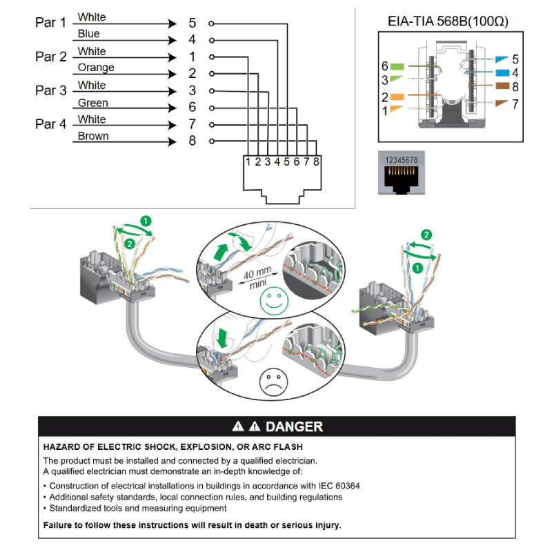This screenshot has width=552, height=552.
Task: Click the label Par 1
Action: coord(50,23)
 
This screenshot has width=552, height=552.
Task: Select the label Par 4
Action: coord(50,124)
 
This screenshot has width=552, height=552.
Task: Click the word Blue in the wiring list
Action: coord(88,34)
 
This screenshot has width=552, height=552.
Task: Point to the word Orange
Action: coord(96,68)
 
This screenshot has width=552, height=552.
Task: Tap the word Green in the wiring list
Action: coord(92,103)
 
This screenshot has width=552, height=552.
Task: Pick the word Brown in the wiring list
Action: coord(93,136)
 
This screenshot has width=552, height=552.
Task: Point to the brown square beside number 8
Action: coord(502,87)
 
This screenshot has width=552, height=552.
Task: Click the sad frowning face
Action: coord(273,381)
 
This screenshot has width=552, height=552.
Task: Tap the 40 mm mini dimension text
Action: coord(258,277)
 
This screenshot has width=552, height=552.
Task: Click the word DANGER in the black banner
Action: coord(294,426)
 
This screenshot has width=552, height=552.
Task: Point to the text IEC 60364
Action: coord(333,486)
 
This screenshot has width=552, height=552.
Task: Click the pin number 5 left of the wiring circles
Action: coord(193,23)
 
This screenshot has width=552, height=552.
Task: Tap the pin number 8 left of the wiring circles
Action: coord(193,141)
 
